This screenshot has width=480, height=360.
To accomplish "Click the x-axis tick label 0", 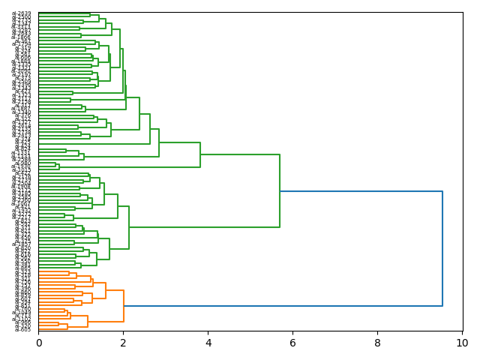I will click(x=39, y=343).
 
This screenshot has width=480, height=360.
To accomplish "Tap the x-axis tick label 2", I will click(x=124, y=343).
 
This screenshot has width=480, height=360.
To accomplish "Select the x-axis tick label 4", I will click(x=208, y=343).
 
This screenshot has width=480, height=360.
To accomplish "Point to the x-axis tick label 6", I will click(x=292, y=343).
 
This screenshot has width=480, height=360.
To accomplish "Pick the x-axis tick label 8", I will click(x=377, y=343).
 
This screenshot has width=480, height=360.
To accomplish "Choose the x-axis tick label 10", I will click(x=460, y=343).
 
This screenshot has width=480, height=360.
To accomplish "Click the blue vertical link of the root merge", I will click(x=442, y=247).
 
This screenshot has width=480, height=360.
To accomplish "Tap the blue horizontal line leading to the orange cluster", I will click(x=285, y=306).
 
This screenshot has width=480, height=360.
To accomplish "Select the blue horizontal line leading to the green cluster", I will click(x=360, y=191).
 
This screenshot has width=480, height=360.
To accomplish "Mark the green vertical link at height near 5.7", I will click(x=280, y=191).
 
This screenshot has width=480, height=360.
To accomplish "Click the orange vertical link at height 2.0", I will click(x=124, y=306).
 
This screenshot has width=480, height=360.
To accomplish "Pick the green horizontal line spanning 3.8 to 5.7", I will click(x=240, y=155).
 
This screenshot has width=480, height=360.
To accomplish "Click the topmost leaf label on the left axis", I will click(x=24, y=14).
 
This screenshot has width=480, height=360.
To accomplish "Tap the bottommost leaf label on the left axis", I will click(x=24, y=329).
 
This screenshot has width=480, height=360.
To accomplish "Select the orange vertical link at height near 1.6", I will click(x=106, y=290).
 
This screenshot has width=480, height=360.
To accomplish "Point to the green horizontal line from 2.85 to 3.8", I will click(x=180, y=142).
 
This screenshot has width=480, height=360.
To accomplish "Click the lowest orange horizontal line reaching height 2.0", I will click(x=106, y=322).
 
